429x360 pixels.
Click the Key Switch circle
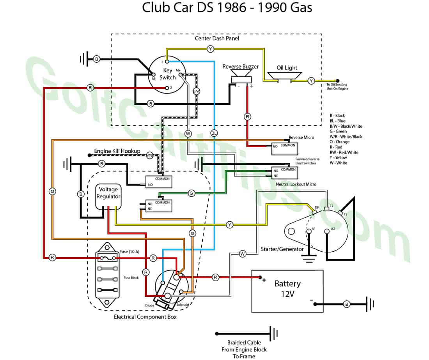point(167,74)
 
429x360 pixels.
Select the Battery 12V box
point(287,291)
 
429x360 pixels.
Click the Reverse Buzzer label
point(240,67)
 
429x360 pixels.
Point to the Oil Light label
point(287,68)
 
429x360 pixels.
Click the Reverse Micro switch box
point(284,148)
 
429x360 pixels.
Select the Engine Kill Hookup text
point(117,151)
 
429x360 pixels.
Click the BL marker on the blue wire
point(214,133)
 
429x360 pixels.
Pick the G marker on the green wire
point(191,193)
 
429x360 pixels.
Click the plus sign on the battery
point(264,280)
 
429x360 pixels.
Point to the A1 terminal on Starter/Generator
point(313,229)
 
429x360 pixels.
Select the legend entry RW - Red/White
point(344,152)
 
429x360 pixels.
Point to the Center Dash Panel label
point(217,39)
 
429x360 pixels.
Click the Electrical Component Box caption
point(145,317)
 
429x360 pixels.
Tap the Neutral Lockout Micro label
point(296,184)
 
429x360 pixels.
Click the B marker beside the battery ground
point(346,304)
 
